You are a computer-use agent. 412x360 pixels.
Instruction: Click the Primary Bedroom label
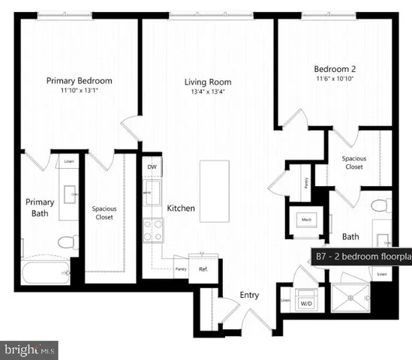pyautogui.click(x=79, y=81)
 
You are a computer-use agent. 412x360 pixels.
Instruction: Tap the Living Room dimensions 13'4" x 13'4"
pyautogui.click(x=208, y=93)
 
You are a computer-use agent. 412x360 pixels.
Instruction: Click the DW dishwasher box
pyautogui.click(x=152, y=167)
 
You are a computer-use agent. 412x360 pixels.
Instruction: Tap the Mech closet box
pyautogui.click(x=306, y=220)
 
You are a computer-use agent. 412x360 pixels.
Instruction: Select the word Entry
pyautogui.click(x=249, y=295)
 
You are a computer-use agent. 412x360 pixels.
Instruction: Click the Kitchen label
pyautogui.click(x=181, y=208)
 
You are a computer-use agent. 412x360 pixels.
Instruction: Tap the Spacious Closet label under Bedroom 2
pyautogui.click(x=353, y=163)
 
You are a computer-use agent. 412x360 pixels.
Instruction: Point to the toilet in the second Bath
pyautogui.click(x=378, y=205)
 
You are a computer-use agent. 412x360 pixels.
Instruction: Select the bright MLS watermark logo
pyautogui.click(x=29, y=350)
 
